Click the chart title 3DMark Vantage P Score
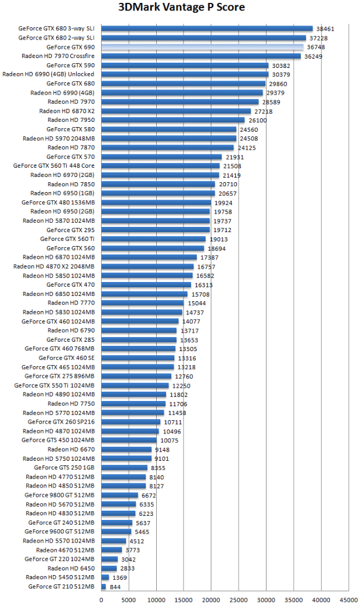coord(181,8)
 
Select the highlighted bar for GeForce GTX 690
coord(203,47)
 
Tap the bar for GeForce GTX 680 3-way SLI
coord(207,28)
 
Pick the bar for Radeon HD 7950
coord(174,120)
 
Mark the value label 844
coord(115,587)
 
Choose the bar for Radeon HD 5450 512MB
coord(106,577)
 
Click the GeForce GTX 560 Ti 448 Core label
coord(54,165)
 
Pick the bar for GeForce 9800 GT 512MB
coord(120,495)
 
